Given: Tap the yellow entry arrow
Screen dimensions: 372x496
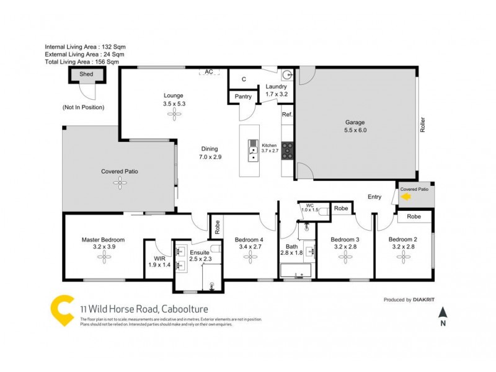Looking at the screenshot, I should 407,197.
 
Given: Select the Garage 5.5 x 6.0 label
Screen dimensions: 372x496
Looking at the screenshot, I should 355,126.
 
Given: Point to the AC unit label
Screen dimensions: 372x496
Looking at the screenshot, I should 209,72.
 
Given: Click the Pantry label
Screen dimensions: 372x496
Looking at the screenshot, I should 243,97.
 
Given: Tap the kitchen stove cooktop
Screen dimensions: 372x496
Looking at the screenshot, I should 288,149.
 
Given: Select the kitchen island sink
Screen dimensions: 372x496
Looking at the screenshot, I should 254,149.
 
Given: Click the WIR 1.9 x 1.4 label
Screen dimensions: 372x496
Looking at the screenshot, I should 159,262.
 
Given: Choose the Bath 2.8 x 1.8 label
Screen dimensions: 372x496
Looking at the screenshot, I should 291,249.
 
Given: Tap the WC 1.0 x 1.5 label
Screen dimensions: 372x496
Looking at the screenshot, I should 309,208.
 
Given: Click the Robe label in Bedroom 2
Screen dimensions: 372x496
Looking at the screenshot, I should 414,217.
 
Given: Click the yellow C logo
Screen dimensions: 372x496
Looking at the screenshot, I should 62,310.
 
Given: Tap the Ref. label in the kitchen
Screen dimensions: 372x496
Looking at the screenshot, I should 287,115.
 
